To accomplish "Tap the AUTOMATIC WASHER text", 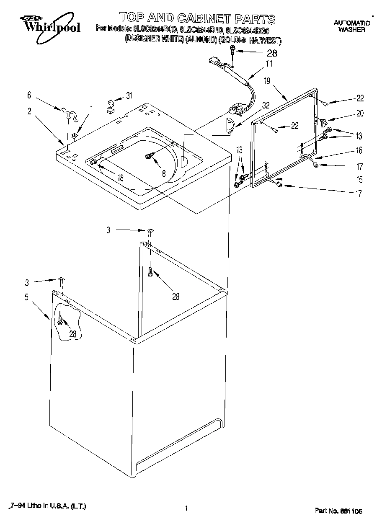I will [x=351, y=26].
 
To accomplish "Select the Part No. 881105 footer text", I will [x=338, y=511].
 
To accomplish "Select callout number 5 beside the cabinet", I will [x=26, y=297].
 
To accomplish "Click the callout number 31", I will [x=129, y=96].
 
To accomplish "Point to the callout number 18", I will [x=120, y=177].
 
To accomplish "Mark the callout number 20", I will [x=360, y=113].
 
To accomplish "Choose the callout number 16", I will [x=359, y=150].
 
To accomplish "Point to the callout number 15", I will [x=359, y=180].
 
